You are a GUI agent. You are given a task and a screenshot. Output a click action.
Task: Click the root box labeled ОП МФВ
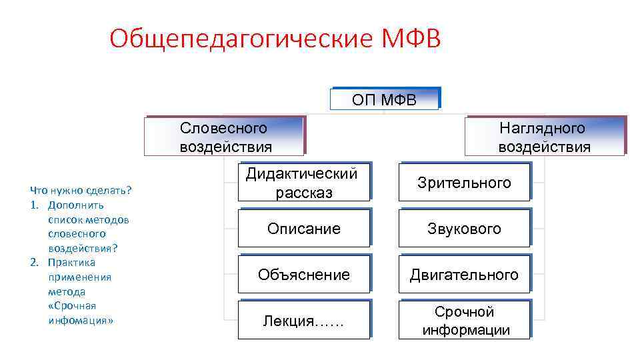[x=385, y=99]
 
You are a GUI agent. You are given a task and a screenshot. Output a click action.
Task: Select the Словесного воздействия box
[x=223, y=137]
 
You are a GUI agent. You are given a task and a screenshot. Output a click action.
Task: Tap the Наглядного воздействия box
[x=545, y=137]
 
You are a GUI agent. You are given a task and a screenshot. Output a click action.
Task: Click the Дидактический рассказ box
[x=303, y=183]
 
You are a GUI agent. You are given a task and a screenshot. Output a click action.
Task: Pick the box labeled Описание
[x=303, y=229]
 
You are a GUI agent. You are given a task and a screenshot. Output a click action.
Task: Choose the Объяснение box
[x=303, y=275]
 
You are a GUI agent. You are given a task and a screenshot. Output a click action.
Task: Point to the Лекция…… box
[x=303, y=321]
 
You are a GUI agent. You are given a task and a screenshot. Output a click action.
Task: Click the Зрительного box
[x=464, y=183]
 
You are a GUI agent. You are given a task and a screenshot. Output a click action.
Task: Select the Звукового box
[x=464, y=229]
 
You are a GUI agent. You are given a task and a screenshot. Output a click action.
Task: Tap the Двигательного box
[x=464, y=275]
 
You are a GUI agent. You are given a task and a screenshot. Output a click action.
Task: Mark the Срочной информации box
[x=464, y=321]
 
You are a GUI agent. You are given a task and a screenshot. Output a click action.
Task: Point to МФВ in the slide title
[x=411, y=39]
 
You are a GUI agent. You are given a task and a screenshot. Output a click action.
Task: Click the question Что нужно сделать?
[x=81, y=191]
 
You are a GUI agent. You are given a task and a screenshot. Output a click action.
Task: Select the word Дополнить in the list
[x=75, y=205]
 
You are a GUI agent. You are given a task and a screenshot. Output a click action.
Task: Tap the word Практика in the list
[x=71, y=262]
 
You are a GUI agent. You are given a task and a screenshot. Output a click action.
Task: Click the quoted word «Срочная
[x=72, y=305]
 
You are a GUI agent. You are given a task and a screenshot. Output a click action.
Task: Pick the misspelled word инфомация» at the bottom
[x=81, y=320]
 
